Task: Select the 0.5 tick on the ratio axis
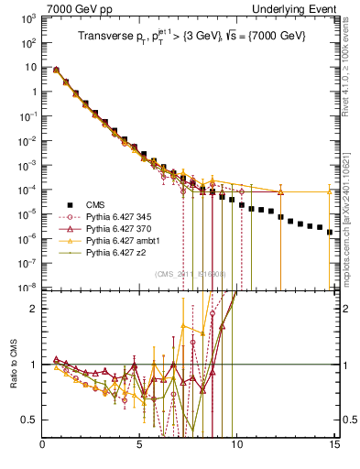tap(30, 420)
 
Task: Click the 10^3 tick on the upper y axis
tap(27, 19)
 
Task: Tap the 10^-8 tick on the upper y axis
tap(27, 287)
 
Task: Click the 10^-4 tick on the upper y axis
tap(27, 190)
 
